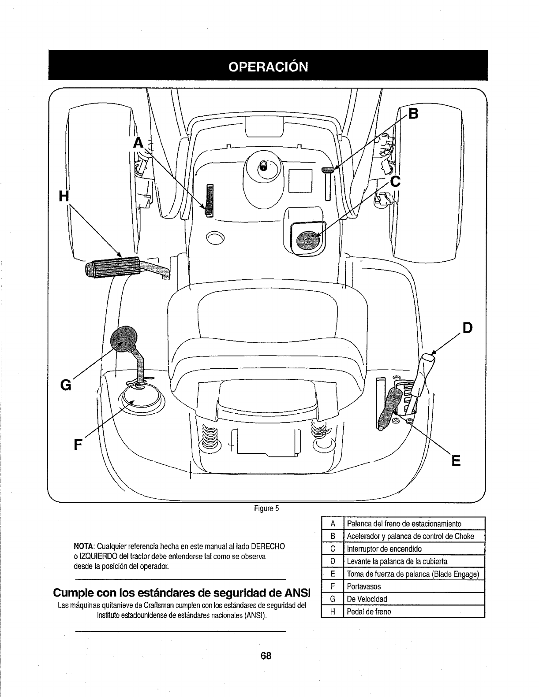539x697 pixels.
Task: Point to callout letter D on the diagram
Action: coord(467,327)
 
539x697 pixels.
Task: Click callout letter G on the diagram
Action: coord(65,385)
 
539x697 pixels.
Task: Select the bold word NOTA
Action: coord(83,547)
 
